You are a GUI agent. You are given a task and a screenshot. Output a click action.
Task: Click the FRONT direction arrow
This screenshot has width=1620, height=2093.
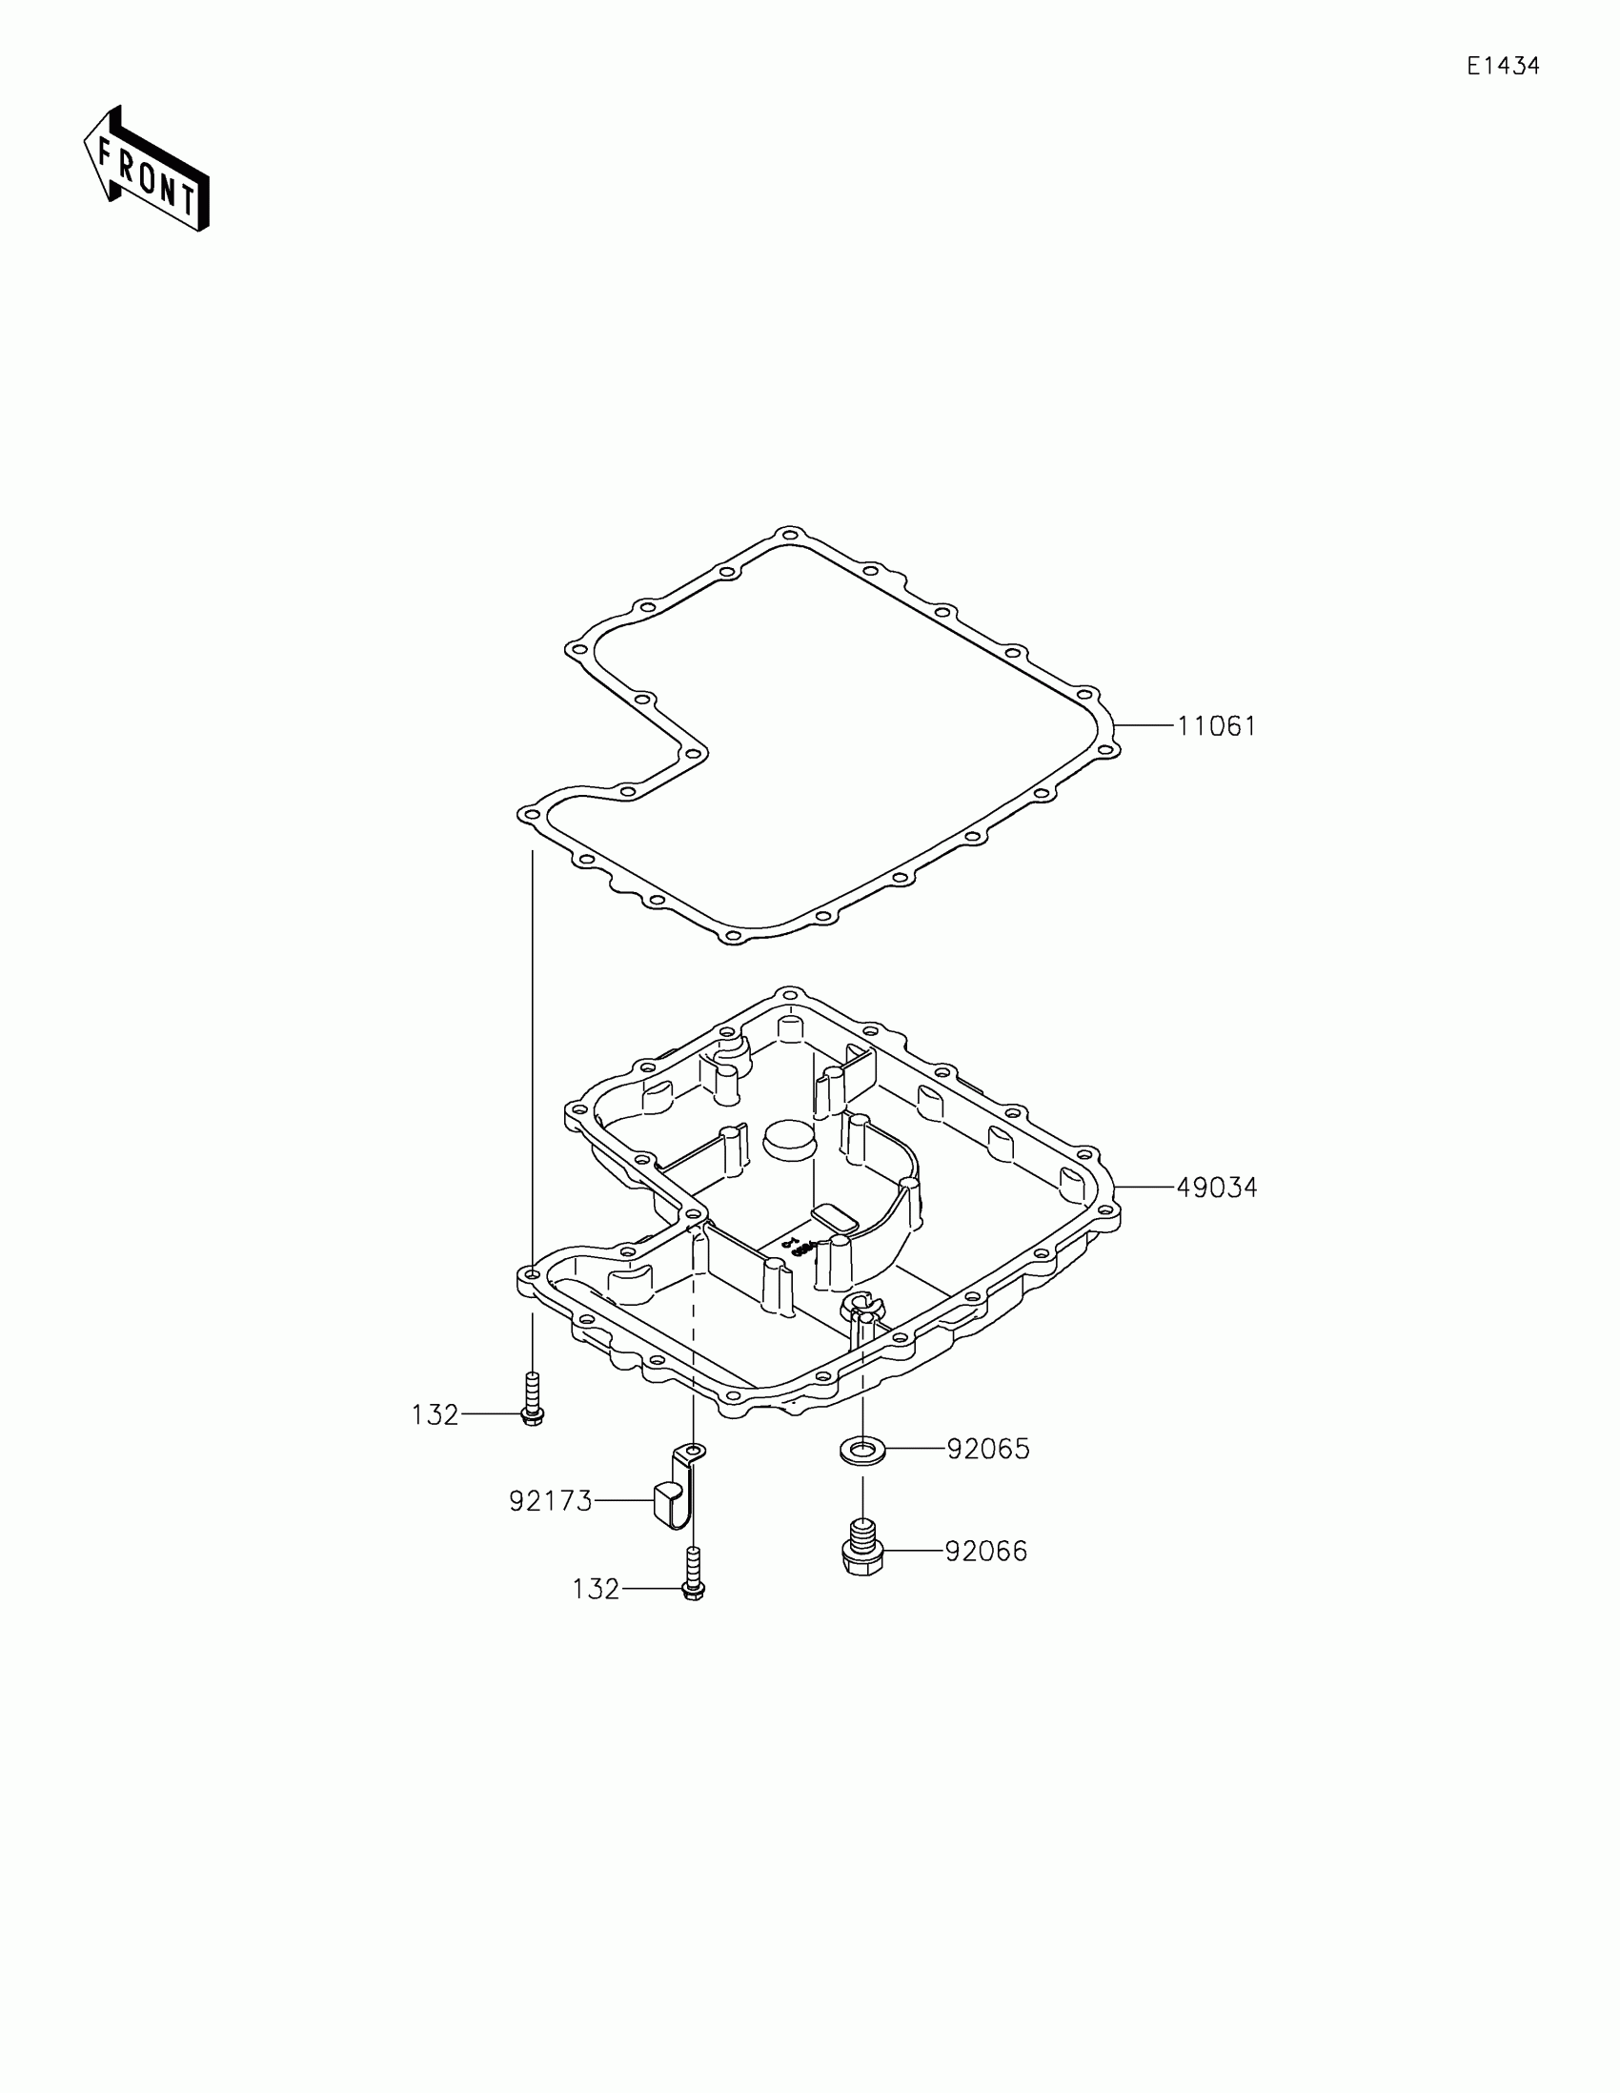[x=147, y=170]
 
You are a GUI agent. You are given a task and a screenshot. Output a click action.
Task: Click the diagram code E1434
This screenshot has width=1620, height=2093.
[x=1503, y=66]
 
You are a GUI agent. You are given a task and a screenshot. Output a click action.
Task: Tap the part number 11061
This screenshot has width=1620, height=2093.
[x=1216, y=726]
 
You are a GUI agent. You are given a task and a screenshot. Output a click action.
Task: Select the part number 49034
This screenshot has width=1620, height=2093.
[x=1216, y=1189]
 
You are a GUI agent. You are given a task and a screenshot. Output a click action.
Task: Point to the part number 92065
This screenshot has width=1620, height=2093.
[x=987, y=1450]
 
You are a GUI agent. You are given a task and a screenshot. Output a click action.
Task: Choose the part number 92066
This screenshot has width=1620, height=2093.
[x=985, y=1552]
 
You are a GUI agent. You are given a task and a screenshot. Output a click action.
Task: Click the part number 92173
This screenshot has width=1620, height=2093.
[x=551, y=1502]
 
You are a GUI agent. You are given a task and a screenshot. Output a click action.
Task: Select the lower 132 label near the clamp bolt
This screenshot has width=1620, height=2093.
[x=596, y=1590]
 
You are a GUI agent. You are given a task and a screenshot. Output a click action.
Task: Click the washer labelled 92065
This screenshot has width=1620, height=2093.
[x=862, y=1451]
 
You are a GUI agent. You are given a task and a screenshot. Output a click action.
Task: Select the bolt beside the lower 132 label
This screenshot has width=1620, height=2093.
[x=695, y=1575]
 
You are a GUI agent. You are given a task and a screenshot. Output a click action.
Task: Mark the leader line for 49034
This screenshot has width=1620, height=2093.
[x=1145, y=1189]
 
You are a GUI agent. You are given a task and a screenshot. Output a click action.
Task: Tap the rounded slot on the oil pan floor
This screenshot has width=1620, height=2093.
[x=837, y=1219]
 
